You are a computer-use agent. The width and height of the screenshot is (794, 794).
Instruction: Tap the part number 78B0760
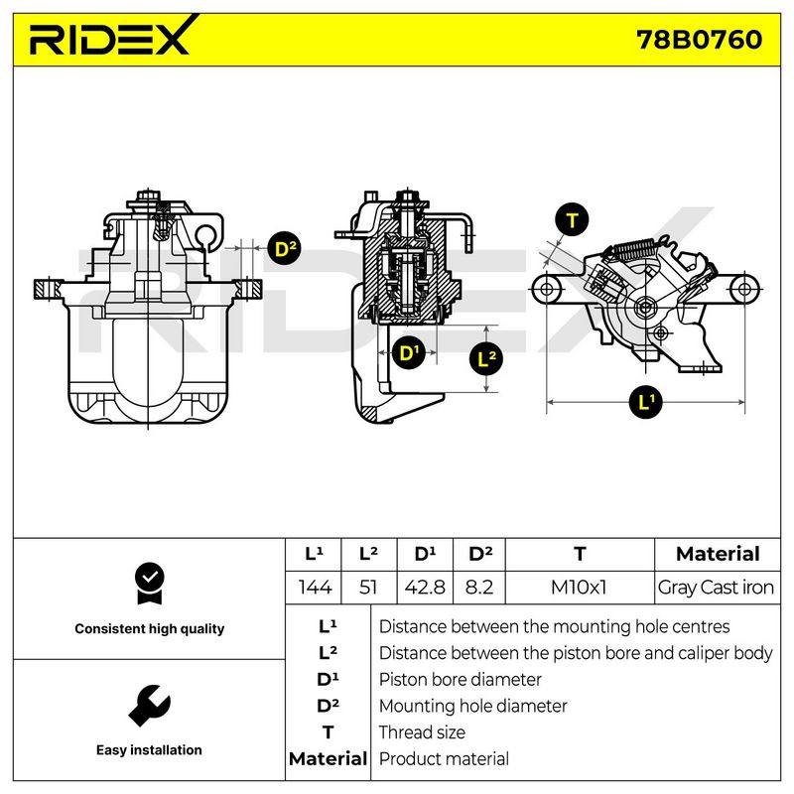(700, 40)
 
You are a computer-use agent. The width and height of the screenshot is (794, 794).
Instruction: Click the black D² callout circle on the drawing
(284, 248)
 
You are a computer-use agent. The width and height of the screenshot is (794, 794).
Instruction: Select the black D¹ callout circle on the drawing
(409, 352)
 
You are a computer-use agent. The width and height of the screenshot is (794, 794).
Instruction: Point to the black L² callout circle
(486, 359)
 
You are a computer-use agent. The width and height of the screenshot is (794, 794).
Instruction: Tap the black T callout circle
(572, 220)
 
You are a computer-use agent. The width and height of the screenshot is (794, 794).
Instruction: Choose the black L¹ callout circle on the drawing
(646, 402)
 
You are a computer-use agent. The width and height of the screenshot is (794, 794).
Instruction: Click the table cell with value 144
(315, 588)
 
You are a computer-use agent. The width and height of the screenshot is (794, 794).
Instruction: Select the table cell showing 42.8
(425, 588)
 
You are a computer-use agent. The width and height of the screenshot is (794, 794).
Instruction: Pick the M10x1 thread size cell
(579, 588)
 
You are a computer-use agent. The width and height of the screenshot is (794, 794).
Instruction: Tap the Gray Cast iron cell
(716, 588)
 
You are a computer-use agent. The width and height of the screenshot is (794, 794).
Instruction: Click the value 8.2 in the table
(479, 588)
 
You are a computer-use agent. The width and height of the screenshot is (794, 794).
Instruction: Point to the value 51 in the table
(368, 588)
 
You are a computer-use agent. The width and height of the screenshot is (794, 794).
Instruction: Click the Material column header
(718, 554)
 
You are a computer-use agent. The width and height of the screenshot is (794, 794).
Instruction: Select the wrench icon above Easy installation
(149, 706)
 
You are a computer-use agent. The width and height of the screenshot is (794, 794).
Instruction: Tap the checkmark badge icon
(150, 584)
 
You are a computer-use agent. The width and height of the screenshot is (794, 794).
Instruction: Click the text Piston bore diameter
(460, 680)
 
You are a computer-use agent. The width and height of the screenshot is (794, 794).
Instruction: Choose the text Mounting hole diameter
(473, 706)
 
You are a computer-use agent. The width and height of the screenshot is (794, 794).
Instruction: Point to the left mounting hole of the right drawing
(547, 289)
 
